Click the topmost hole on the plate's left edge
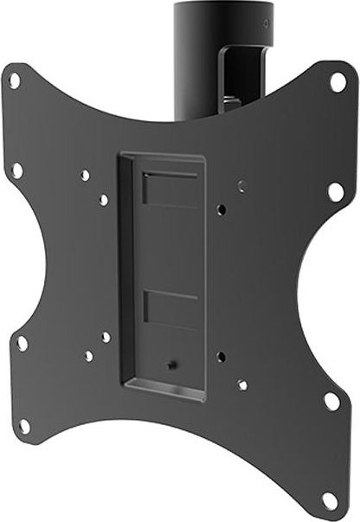15,80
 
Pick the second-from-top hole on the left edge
16,170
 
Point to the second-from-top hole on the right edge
334,190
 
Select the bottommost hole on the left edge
25,425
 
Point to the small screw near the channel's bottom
172,364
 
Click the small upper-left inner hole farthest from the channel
85,176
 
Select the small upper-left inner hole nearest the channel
104,200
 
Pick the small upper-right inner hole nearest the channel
222,209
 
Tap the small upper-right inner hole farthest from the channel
241,185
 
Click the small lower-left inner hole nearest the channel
106,337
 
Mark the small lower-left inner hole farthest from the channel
88,356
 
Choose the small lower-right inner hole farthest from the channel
241,383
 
